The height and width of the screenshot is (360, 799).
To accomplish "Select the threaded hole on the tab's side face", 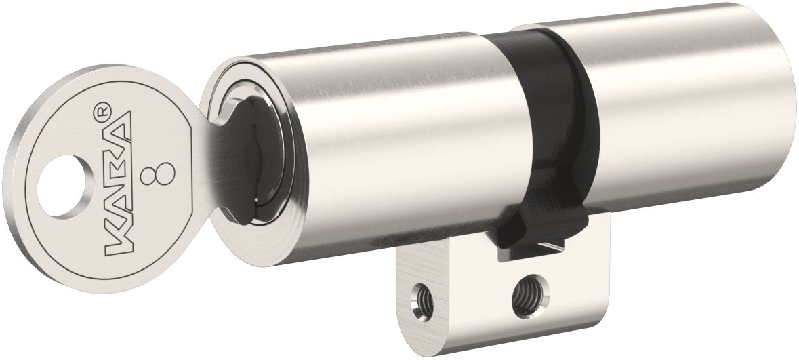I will pyautogui.click(x=524, y=292).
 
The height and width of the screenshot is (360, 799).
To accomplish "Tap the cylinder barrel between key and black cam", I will pyautogui.click(x=400, y=142).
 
